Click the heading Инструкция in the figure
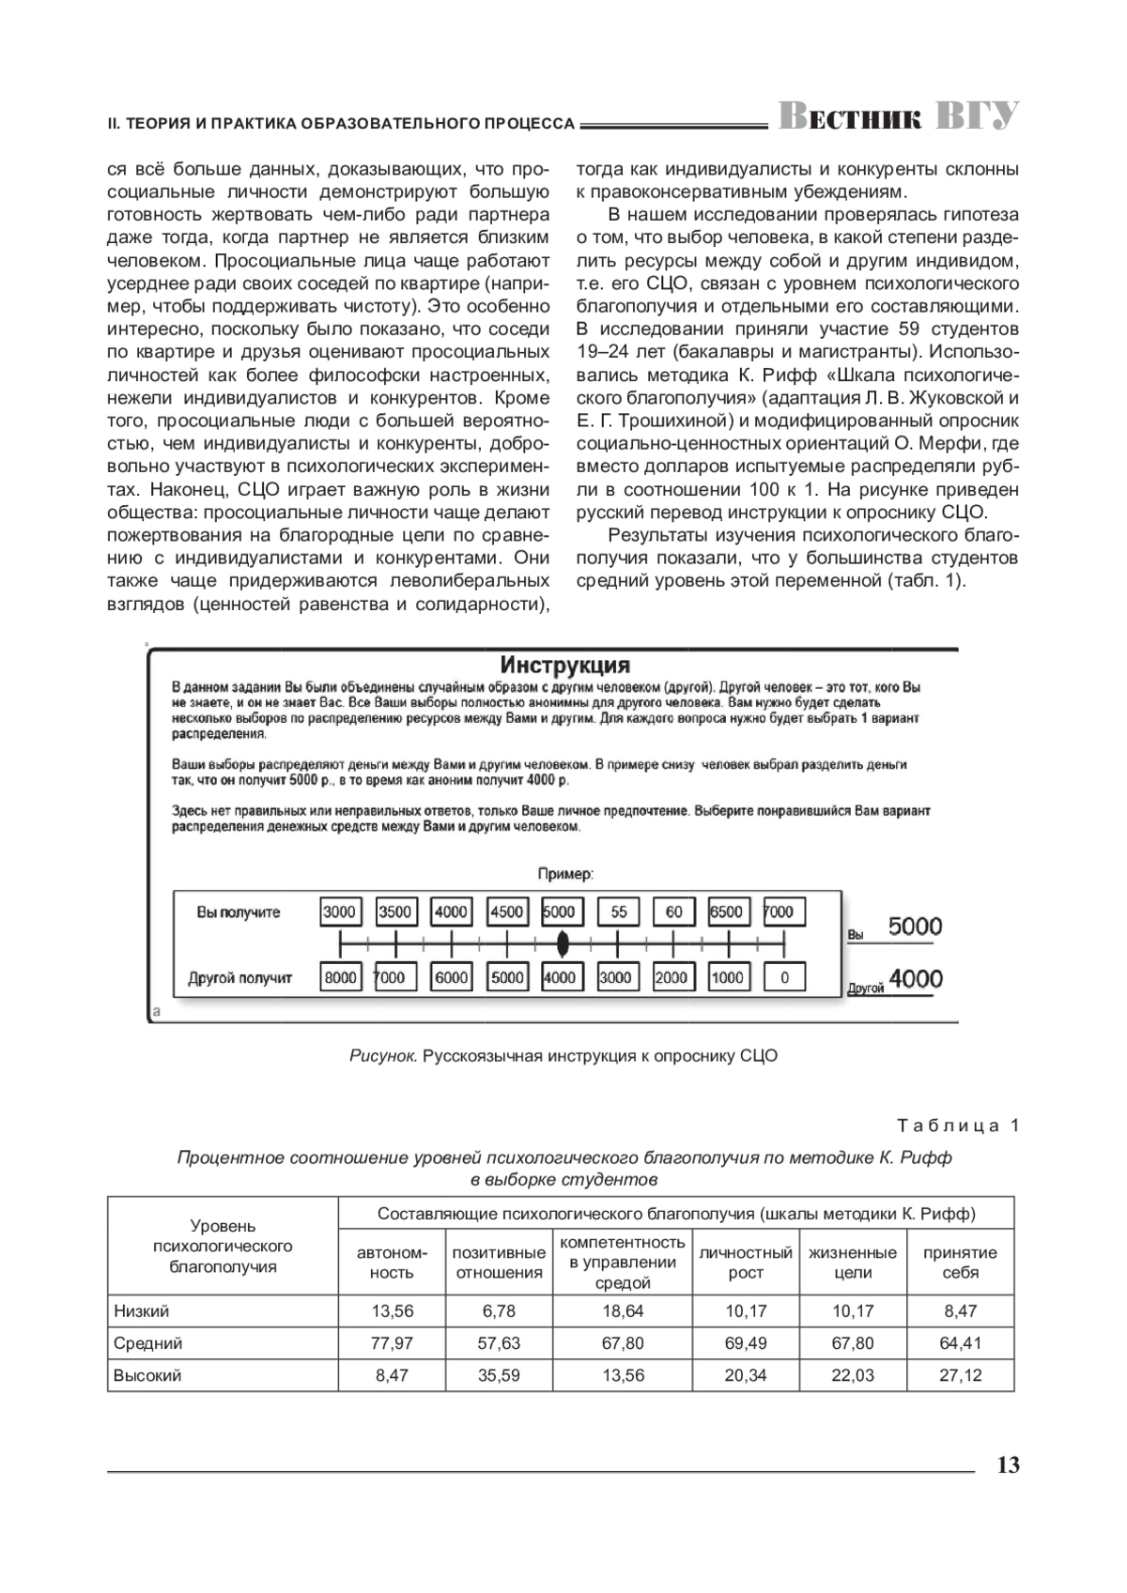click(564, 666)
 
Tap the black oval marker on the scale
click(563, 941)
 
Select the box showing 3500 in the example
click(395, 911)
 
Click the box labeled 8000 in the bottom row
click(340, 977)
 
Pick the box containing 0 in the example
click(785, 977)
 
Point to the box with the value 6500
click(726, 911)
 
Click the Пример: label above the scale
click(564, 874)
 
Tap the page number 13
click(1007, 1465)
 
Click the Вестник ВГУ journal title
click(899, 115)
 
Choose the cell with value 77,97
click(392, 1343)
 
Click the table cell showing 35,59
click(499, 1375)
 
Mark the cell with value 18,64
click(623, 1311)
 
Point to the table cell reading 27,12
click(960, 1375)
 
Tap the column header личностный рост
click(746, 1263)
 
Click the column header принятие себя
click(960, 1263)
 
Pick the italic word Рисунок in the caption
click(382, 1056)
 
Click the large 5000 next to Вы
click(915, 927)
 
